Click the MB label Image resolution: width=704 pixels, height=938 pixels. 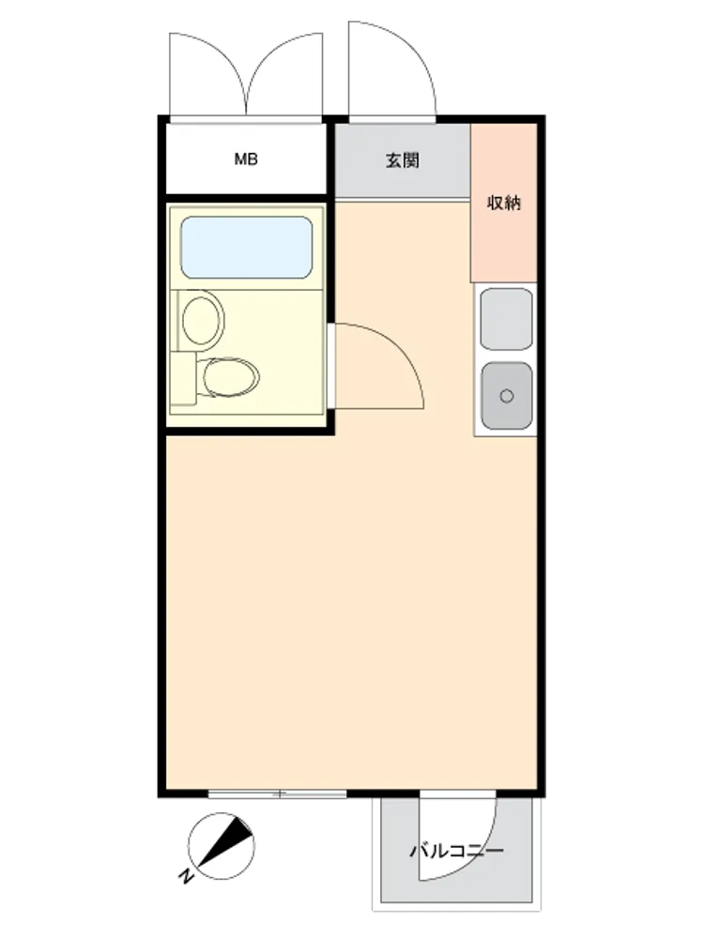245,159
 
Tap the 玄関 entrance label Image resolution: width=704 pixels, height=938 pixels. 403,160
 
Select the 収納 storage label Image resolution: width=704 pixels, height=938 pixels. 503,203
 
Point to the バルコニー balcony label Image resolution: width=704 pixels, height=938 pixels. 457,850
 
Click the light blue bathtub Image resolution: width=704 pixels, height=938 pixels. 247,248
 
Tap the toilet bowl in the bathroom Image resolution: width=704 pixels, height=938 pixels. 231,377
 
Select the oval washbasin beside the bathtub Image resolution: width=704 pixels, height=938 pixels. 203,320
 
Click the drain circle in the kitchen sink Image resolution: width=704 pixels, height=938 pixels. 507,396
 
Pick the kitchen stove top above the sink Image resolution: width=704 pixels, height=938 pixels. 507,319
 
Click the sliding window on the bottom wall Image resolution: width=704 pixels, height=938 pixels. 277,794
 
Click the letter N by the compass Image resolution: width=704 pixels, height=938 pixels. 186,876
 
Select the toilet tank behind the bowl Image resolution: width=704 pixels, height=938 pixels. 183,378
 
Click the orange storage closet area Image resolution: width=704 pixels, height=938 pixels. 503,203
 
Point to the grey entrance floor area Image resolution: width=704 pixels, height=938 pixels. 403,160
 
